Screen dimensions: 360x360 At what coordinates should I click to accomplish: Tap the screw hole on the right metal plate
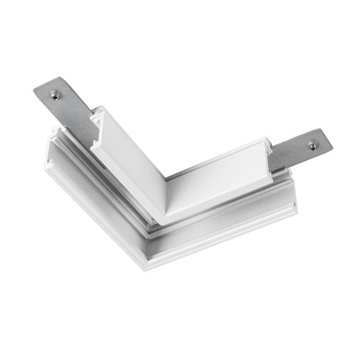point(312,145)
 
